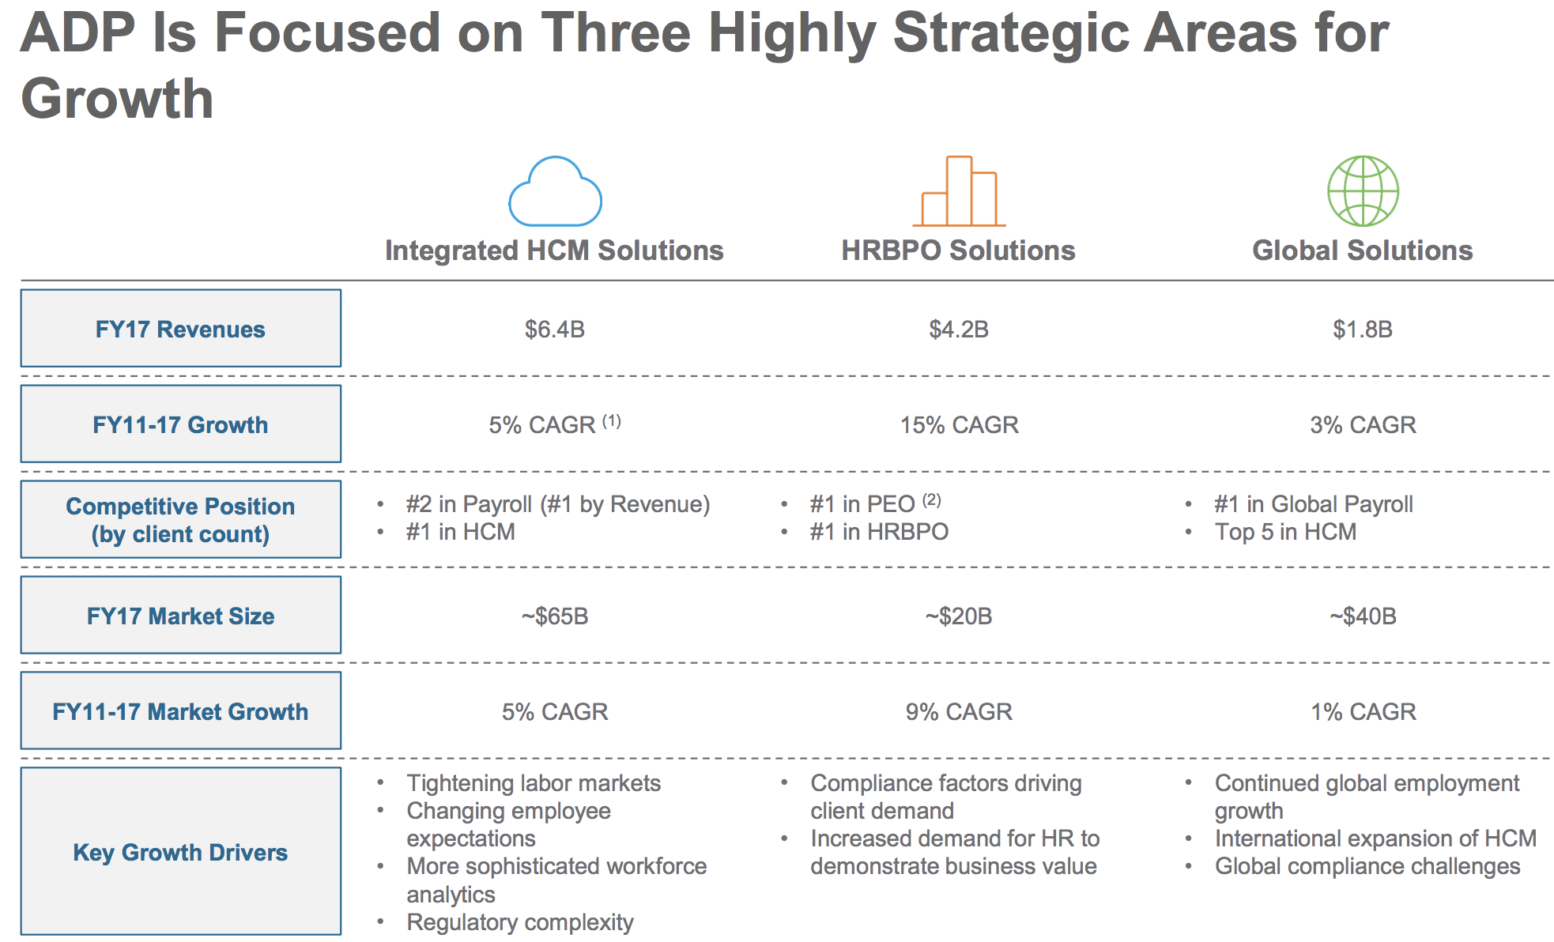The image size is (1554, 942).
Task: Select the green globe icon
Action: point(1363,190)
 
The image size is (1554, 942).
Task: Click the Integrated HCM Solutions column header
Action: point(554,251)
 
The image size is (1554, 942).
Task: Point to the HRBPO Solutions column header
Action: point(958,251)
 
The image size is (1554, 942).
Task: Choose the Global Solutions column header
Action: point(1363,251)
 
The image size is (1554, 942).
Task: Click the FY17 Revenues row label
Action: point(180,329)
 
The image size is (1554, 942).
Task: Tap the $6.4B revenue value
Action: point(555,329)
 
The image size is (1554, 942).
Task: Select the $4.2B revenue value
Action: point(959,329)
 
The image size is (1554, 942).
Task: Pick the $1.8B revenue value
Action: point(1363,329)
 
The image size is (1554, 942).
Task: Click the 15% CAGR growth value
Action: point(960,425)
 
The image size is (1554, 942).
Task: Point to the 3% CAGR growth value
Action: point(1363,425)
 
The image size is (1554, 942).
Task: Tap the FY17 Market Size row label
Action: point(180,616)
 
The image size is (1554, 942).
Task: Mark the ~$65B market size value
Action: point(555,616)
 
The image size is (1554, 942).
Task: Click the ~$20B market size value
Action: point(959,616)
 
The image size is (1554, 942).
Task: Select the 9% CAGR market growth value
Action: point(959,712)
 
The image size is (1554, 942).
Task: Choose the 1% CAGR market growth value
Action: point(1364,712)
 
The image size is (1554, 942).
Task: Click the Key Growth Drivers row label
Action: point(180,852)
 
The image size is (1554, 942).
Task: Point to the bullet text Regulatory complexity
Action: point(520,922)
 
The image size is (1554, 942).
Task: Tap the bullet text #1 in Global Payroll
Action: point(1314,504)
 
